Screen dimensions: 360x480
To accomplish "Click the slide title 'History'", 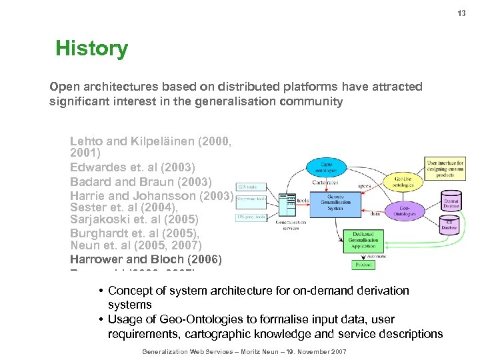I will coord(91,49).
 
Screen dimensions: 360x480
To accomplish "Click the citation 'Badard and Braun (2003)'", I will coord(141,182).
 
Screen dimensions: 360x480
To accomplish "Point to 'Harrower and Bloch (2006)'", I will coord(145,259).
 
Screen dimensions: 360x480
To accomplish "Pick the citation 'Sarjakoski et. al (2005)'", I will coord(134,219).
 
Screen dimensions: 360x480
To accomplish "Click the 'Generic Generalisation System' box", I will coord(335,202).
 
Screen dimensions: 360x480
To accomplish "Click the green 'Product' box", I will coord(363,265).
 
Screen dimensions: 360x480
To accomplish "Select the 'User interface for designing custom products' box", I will coord(445,169).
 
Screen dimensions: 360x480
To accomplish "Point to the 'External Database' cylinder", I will coord(451,202).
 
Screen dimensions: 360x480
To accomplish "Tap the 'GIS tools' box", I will coord(247,187).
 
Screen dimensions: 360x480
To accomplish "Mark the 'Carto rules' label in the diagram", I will coord(325,181).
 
